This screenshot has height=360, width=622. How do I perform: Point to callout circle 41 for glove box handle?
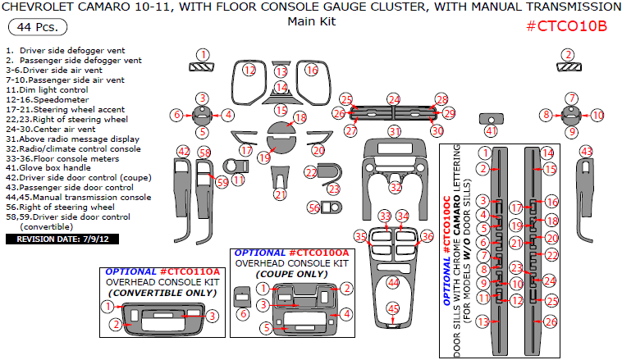[x=491, y=130]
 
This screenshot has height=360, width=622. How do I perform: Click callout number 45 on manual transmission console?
[x=394, y=309]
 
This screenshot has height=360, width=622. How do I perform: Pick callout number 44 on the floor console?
[x=394, y=282]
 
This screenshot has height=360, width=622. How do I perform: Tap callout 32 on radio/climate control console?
[x=396, y=187]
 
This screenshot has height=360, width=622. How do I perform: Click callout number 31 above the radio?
[x=395, y=131]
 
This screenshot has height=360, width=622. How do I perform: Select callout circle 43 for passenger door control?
[x=586, y=151]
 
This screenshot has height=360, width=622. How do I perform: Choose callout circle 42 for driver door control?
[x=184, y=151]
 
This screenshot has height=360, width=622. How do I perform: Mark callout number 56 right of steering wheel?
[x=313, y=208]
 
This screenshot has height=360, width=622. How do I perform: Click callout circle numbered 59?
[x=222, y=182]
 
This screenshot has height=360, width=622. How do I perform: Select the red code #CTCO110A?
[x=190, y=271]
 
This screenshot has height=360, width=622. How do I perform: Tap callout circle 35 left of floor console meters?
[x=360, y=237]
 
